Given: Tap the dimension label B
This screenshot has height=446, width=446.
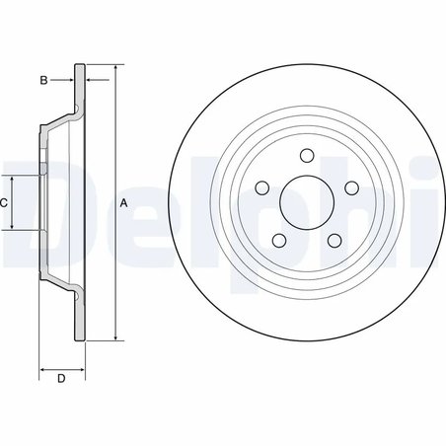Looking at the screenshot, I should coord(44,78).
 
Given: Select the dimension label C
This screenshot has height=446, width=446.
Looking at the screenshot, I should coord(5,202).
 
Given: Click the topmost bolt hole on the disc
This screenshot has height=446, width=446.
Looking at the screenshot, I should coord(305,155).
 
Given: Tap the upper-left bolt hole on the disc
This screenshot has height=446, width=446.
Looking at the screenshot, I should coord(262,188).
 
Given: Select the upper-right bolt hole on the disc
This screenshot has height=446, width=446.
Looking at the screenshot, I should coord(349,188).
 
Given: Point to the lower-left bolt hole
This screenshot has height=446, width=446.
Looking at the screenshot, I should coord(279,240).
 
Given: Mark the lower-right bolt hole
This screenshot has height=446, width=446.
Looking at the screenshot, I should coord(333,240).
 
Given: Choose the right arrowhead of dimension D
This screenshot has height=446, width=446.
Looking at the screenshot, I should coord(81,367).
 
